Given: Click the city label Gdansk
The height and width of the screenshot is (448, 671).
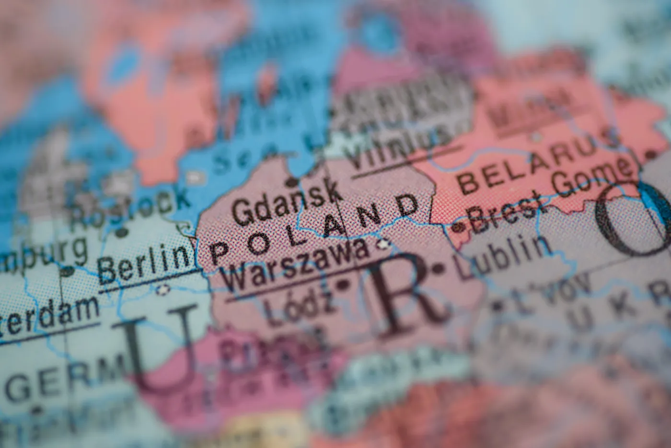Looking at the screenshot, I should pos(287,202).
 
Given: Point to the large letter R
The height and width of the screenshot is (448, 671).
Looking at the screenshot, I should pos(407,295).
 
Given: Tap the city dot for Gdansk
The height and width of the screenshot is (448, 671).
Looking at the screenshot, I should pos(291,182).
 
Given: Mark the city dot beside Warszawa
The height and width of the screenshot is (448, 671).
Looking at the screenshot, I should pos(382,246).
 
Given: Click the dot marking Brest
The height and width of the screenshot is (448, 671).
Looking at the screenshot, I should pos(460,227).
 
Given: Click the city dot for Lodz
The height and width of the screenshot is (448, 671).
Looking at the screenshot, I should pos(343,285).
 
